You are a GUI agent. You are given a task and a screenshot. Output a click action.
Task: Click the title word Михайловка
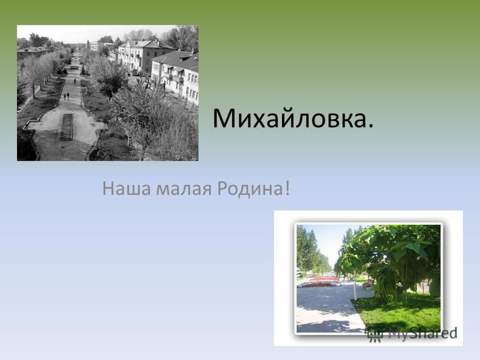(x=289, y=118)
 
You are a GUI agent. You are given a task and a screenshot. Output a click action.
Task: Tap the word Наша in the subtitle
(x=127, y=188)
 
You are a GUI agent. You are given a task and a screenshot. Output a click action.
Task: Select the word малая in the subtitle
(x=184, y=190)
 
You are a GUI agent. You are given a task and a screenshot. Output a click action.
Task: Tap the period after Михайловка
(x=371, y=125)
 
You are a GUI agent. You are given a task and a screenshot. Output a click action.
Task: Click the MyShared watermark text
(x=423, y=334)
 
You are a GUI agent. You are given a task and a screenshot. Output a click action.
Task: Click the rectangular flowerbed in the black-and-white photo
(x=67, y=127)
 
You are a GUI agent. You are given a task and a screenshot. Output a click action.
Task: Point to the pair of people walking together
(x=66, y=96)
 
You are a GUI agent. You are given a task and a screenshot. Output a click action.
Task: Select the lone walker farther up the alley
(x=74, y=81)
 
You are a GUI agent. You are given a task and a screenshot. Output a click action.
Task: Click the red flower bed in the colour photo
(x=324, y=279)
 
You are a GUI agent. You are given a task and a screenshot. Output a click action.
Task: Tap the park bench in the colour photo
(x=368, y=283)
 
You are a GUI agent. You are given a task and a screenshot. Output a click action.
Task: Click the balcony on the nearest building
(x=178, y=79)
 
